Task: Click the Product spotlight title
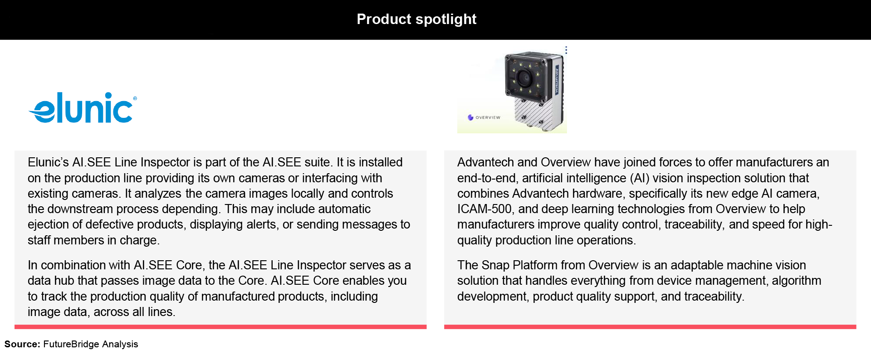click(x=416, y=19)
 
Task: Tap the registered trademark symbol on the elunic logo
click(x=135, y=98)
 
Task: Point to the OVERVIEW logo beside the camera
click(x=484, y=117)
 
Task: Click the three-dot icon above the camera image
click(x=566, y=50)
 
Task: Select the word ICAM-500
click(x=484, y=209)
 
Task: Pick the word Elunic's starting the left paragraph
click(x=48, y=162)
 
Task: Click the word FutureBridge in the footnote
click(x=71, y=344)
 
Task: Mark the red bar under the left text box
click(x=220, y=327)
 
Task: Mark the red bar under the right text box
click(x=650, y=327)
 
